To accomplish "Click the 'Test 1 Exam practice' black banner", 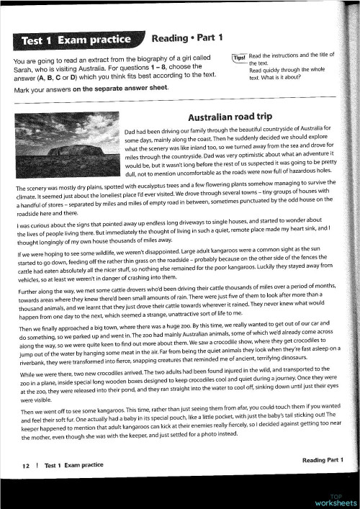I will (76, 39).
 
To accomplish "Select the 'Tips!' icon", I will (239, 58).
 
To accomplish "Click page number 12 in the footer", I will (25, 466).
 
